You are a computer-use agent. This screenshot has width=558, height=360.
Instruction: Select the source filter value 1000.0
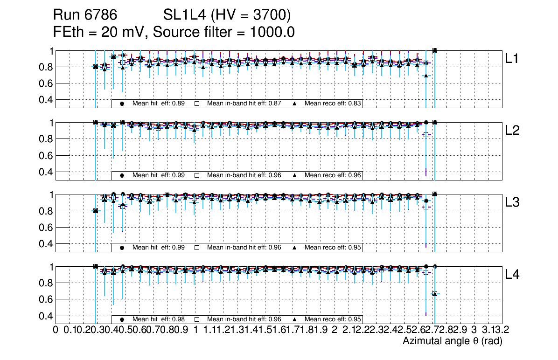coord(276,32)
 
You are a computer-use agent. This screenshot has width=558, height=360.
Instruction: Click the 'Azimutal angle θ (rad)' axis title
coord(452,342)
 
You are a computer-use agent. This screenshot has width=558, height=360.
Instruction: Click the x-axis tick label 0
coord(56,330)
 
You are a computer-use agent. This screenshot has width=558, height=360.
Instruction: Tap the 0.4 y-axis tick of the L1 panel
coord(46,100)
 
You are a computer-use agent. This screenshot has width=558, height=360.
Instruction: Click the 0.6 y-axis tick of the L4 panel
coord(46,299)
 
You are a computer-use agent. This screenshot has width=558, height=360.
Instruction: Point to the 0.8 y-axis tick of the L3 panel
coord(46,211)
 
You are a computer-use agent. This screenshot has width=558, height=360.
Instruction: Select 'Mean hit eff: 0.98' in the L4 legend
coord(159,319)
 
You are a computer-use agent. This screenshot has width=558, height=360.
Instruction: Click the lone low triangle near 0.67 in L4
coord(434,293)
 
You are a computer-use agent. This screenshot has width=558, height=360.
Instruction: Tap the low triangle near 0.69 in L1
coord(425,75)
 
